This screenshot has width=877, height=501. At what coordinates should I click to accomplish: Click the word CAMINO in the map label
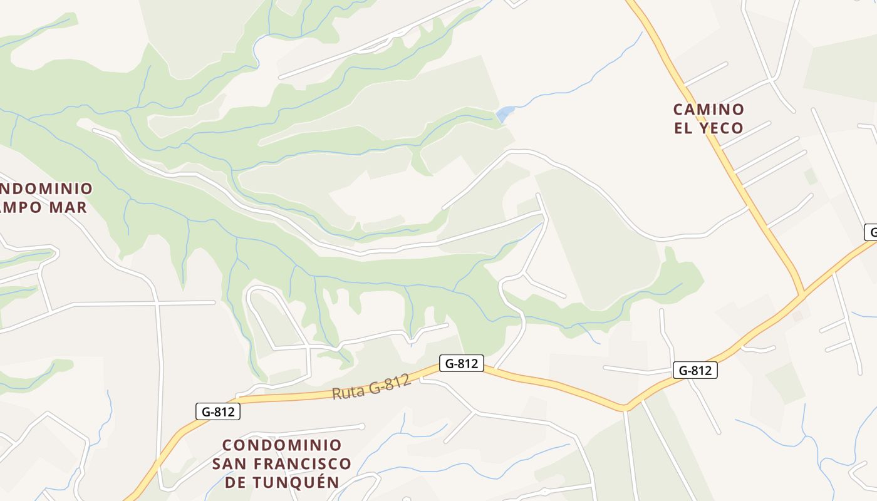pos(708,110)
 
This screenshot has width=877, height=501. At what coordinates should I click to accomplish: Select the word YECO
pos(721,128)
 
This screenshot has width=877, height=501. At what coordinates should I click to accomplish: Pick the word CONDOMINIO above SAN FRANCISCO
pos(282,445)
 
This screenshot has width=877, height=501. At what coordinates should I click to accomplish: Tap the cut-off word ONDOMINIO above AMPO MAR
pos(45,189)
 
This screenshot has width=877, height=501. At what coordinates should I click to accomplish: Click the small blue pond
pos(504,114)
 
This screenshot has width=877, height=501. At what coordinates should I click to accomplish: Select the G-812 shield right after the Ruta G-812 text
pos(462,363)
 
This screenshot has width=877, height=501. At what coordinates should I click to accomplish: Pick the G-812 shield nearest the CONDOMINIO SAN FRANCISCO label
pos(218,411)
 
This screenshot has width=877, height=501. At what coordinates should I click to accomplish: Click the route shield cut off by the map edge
pos(871,232)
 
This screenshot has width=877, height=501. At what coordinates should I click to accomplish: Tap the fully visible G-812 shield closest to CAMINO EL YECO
pos(695,370)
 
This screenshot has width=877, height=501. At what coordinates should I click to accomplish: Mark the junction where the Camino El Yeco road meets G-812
pos(801,294)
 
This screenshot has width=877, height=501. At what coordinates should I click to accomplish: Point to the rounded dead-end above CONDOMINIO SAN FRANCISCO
pos(361,426)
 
